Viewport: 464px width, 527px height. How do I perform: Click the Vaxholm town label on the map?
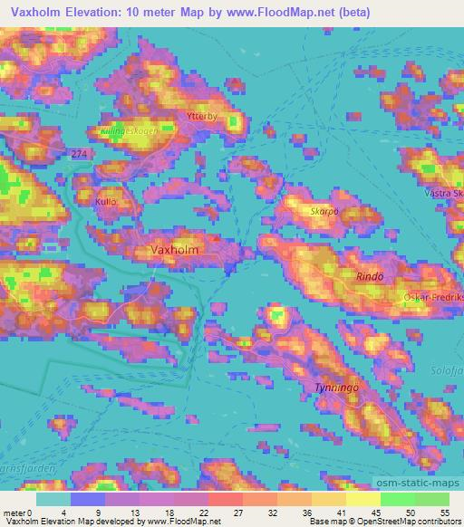[x=174, y=247]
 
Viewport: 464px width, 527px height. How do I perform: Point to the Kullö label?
[x=106, y=204]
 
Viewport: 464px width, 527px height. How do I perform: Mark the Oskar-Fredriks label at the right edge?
[x=433, y=296]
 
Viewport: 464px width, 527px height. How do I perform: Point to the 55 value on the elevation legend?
[x=444, y=512]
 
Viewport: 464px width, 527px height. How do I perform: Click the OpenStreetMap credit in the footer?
[x=408, y=522]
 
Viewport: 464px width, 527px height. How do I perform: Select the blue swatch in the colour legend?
[x=88, y=499]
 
